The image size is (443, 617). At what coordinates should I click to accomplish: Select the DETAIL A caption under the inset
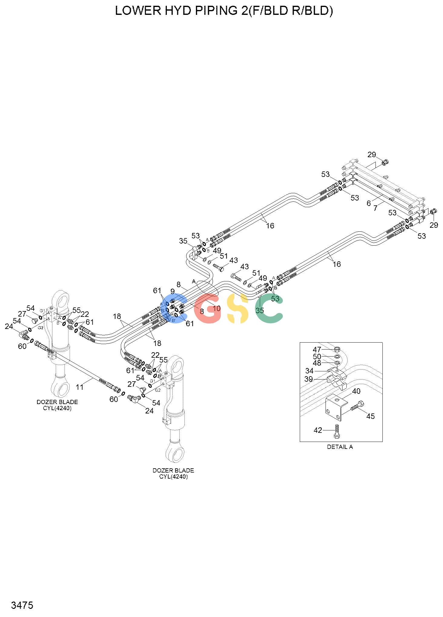tap(340, 447)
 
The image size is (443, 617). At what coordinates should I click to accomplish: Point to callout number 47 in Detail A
tap(317, 350)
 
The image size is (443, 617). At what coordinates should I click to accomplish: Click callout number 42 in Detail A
tap(318, 430)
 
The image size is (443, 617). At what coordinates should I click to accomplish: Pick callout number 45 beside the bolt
tap(371, 416)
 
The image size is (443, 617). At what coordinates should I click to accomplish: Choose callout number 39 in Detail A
tap(309, 379)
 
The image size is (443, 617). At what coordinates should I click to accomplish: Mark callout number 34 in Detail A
tap(309, 371)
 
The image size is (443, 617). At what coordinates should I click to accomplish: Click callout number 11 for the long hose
tap(79, 387)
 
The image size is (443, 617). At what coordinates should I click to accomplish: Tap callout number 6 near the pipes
tap(369, 203)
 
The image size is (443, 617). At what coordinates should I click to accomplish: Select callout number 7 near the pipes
tap(375, 208)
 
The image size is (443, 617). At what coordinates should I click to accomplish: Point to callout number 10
tap(217, 309)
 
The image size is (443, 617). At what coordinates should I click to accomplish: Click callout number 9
tap(173, 291)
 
